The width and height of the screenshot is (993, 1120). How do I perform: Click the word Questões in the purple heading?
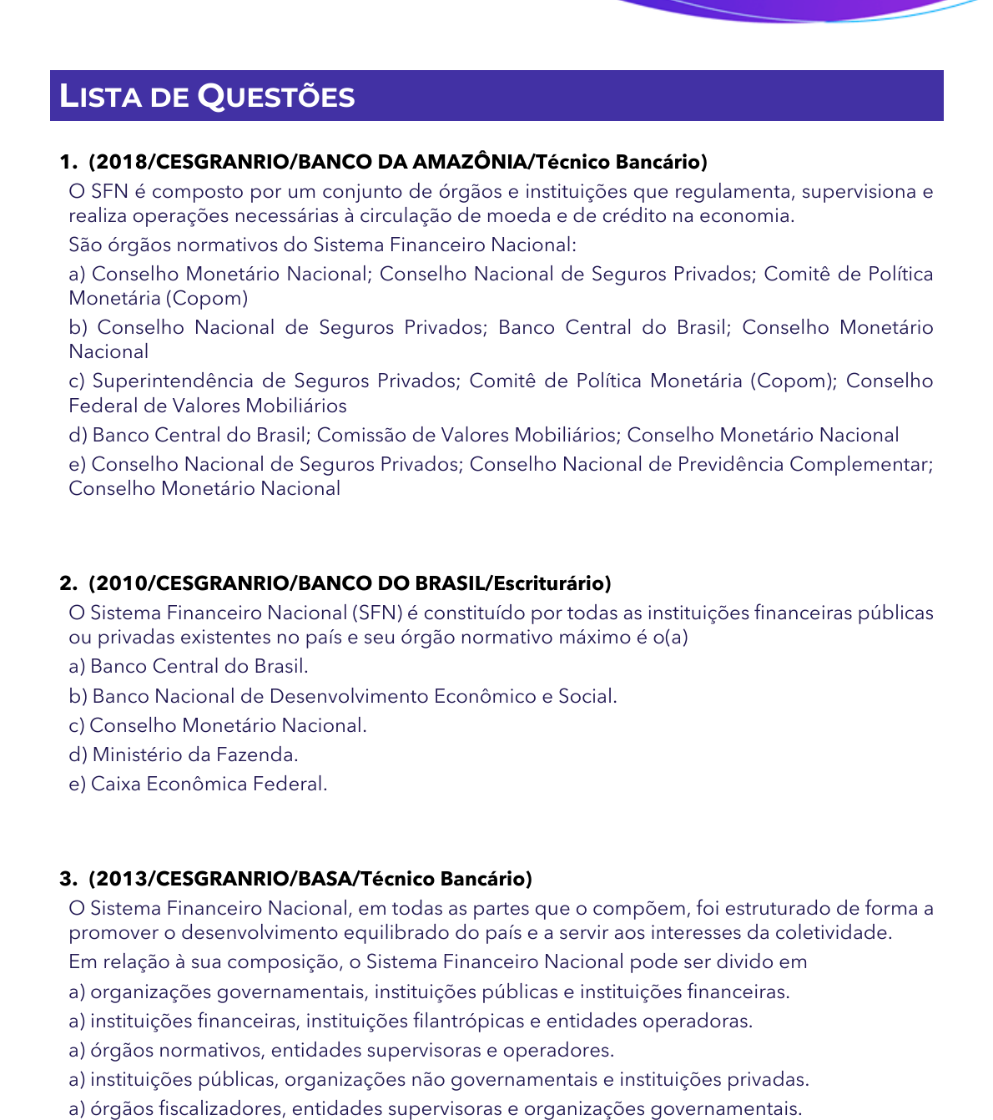pos(276,97)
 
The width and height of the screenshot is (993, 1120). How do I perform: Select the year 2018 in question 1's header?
pos(122,162)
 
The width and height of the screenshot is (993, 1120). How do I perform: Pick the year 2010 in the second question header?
pos(122,583)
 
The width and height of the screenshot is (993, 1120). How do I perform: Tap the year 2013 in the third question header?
pos(122,878)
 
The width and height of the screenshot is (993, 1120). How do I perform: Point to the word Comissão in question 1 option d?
pos(355,435)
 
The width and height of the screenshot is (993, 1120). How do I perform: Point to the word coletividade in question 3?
pos(834,932)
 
